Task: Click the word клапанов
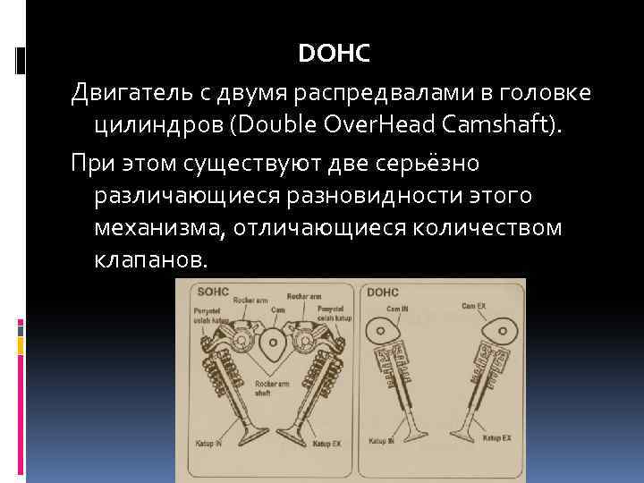pos(150,260)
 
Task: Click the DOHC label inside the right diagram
pos(382,292)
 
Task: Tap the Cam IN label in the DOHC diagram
pos(400,307)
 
